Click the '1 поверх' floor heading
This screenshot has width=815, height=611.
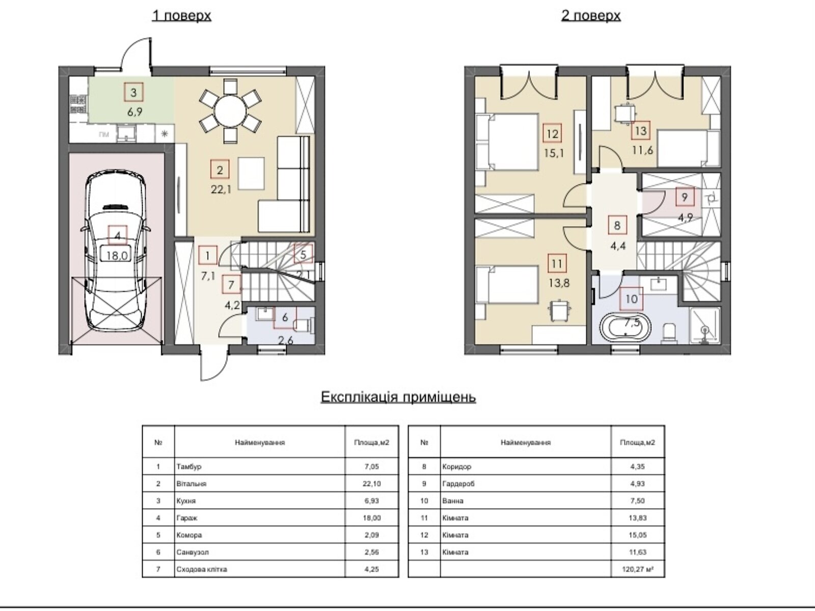(x=181, y=16)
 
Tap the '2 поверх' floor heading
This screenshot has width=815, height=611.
(x=591, y=16)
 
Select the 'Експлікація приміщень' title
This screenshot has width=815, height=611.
(x=398, y=397)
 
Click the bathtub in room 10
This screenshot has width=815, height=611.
(x=626, y=327)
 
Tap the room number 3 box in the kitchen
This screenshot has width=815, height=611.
(x=133, y=92)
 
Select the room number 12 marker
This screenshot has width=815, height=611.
(x=553, y=133)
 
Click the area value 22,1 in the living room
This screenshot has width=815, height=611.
(x=221, y=189)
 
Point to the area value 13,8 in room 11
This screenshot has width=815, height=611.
(x=559, y=284)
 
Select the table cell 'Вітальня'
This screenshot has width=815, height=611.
(x=191, y=484)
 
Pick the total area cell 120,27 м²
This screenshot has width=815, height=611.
(x=638, y=569)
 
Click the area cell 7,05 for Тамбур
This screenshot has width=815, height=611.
(x=372, y=467)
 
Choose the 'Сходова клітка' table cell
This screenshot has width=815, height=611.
(x=202, y=569)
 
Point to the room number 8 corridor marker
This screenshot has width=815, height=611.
(x=617, y=225)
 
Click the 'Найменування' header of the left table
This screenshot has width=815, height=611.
(x=260, y=442)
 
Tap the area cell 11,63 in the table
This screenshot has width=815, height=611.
(x=638, y=552)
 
